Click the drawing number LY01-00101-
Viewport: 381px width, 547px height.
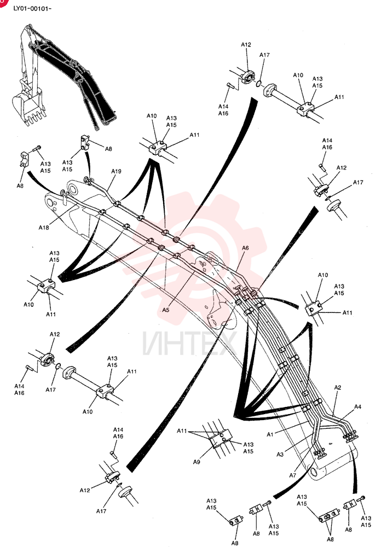[x=32, y=8]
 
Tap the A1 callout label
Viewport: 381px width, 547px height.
[x=270, y=434]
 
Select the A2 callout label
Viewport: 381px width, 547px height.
[x=338, y=388]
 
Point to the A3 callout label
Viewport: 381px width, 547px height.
[x=280, y=454]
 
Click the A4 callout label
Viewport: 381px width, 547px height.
[x=358, y=406]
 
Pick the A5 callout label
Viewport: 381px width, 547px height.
[x=165, y=310]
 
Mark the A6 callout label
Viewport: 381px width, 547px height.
[x=245, y=248]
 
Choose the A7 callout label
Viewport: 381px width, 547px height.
[x=293, y=475]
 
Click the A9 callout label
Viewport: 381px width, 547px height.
[x=197, y=462]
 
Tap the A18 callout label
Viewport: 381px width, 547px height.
[x=44, y=228]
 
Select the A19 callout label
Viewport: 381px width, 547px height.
[x=116, y=171]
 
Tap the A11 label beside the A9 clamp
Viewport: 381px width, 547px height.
[x=182, y=431]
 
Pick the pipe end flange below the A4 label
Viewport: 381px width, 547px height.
[x=350, y=436]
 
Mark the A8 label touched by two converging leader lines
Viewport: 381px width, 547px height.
[x=330, y=539]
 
